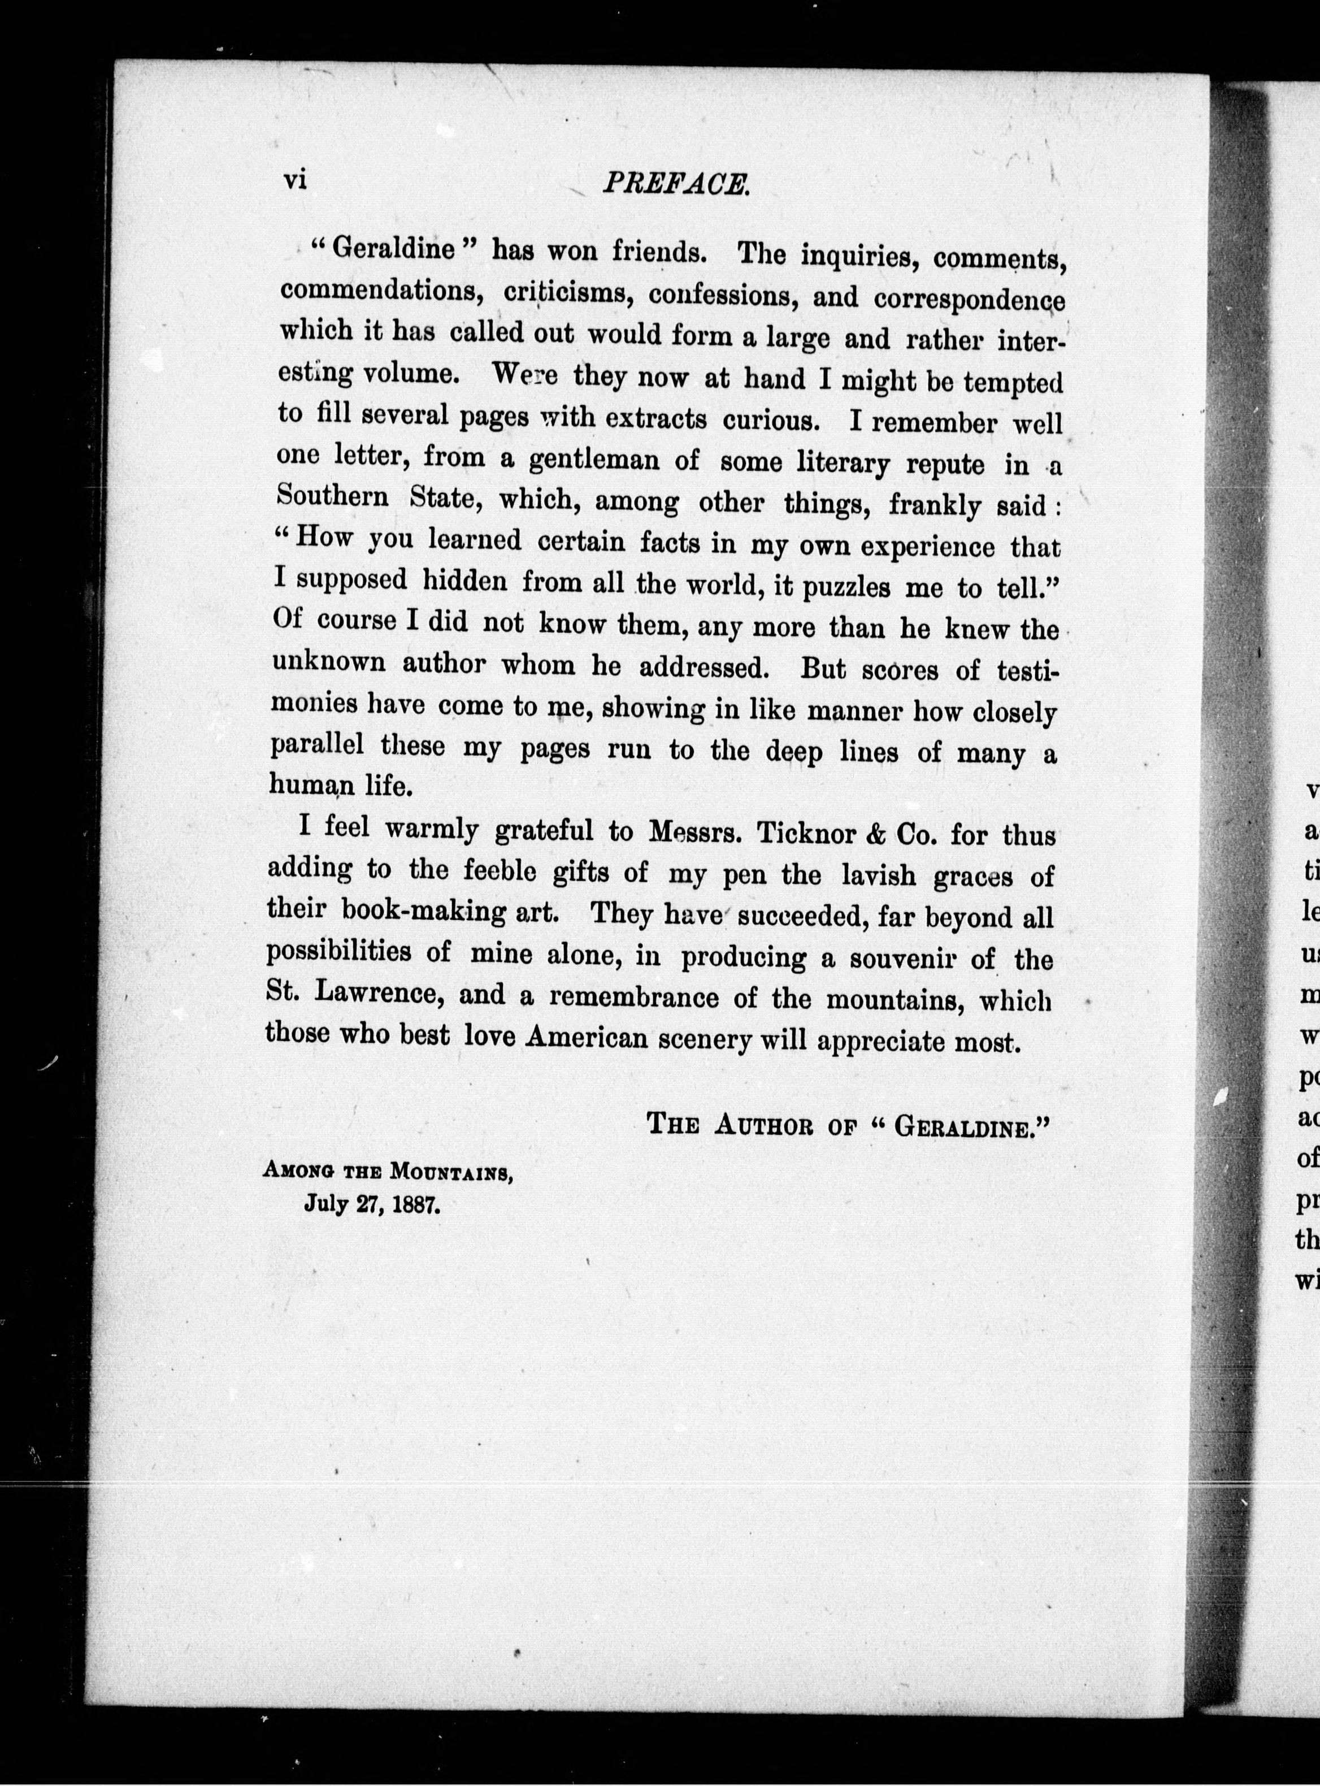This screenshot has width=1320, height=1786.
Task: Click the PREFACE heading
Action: pyautogui.click(x=675, y=185)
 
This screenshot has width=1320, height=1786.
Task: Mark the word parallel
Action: pyautogui.click(x=317, y=745)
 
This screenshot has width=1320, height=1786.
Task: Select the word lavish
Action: pyautogui.click(x=879, y=877)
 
